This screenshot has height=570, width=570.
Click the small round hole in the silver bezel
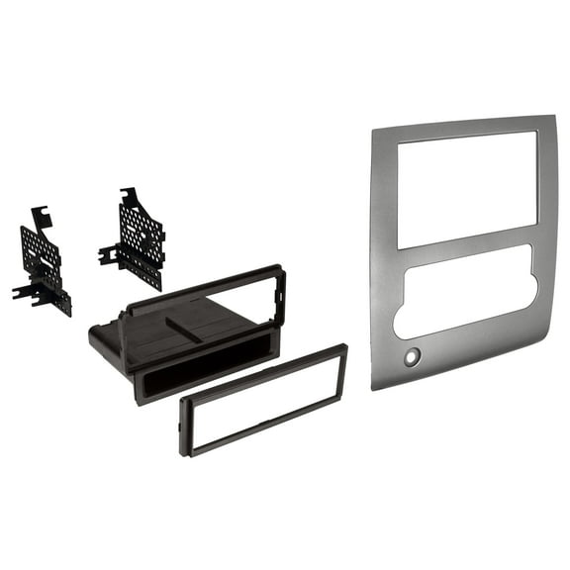click(x=412, y=356)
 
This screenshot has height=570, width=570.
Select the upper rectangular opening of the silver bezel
click(x=467, y=188)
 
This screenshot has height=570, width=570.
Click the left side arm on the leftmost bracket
click(x=23, y=293)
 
